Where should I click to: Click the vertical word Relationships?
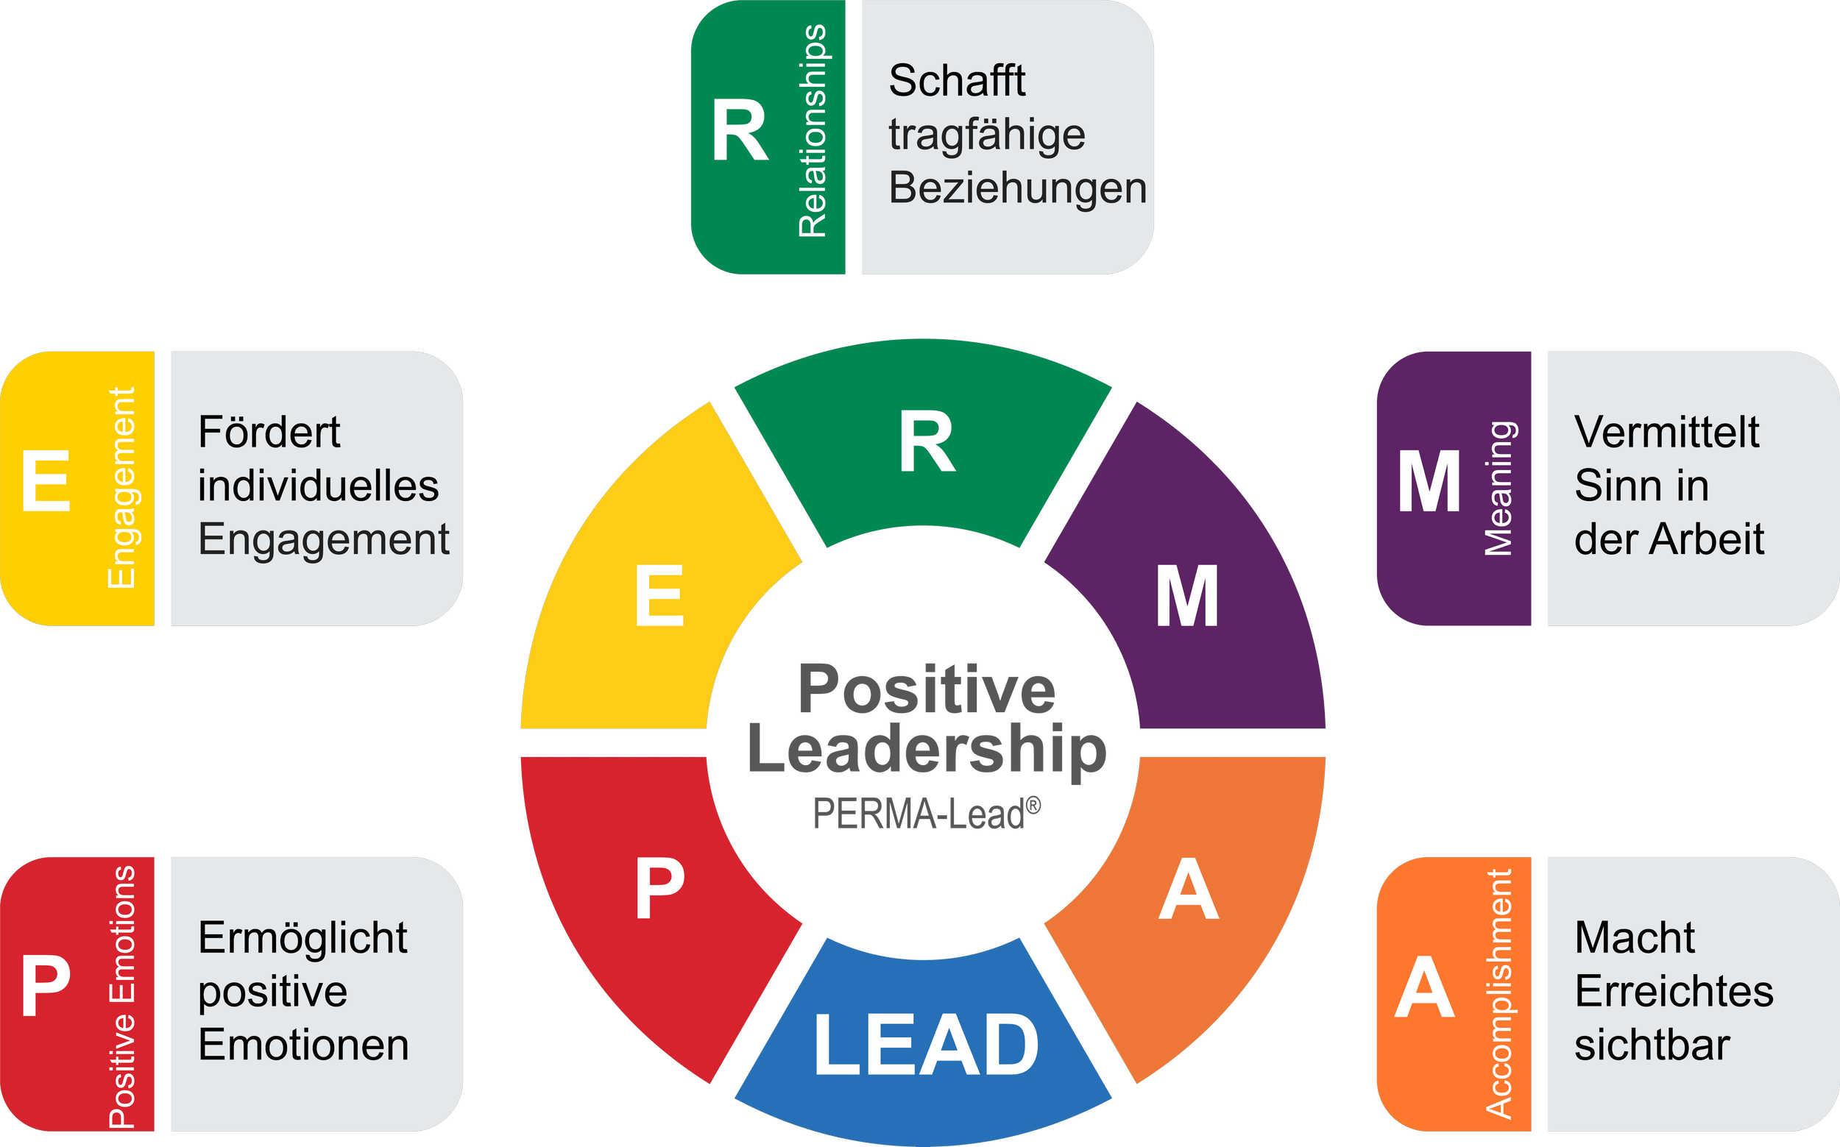click(813, 130)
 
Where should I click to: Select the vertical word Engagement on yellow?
click(121, 488)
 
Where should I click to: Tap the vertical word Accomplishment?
click(1498, 994)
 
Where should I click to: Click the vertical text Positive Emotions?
click(121, 996)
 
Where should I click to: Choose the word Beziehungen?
click(1016, 188)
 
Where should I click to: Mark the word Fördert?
click(269, 433)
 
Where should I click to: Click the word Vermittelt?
click(1666, 433)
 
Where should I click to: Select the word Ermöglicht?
click(302, 938)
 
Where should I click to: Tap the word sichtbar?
click(1652, 1045)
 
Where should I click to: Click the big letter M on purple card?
click(1429, 483)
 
